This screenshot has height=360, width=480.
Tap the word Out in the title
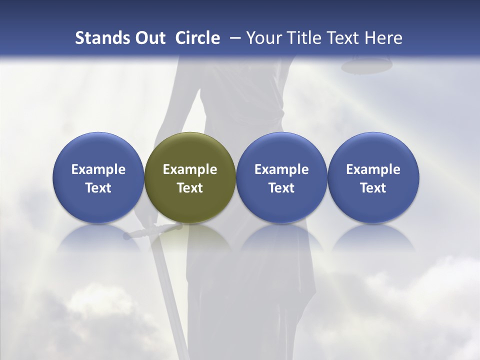click(149, 38)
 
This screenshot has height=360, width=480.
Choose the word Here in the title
click(383, 38)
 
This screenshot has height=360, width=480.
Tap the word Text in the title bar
click(344, 38)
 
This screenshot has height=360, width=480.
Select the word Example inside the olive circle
click(190, 169)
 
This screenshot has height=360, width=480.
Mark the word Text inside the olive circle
click(190, 188)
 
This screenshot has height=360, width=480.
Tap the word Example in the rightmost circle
click(373, 169)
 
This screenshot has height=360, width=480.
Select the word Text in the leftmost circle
click(98, 188)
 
